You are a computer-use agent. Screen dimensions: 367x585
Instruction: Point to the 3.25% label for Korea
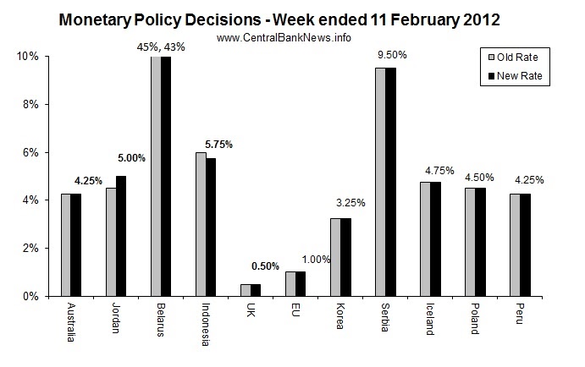coord(349,203)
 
